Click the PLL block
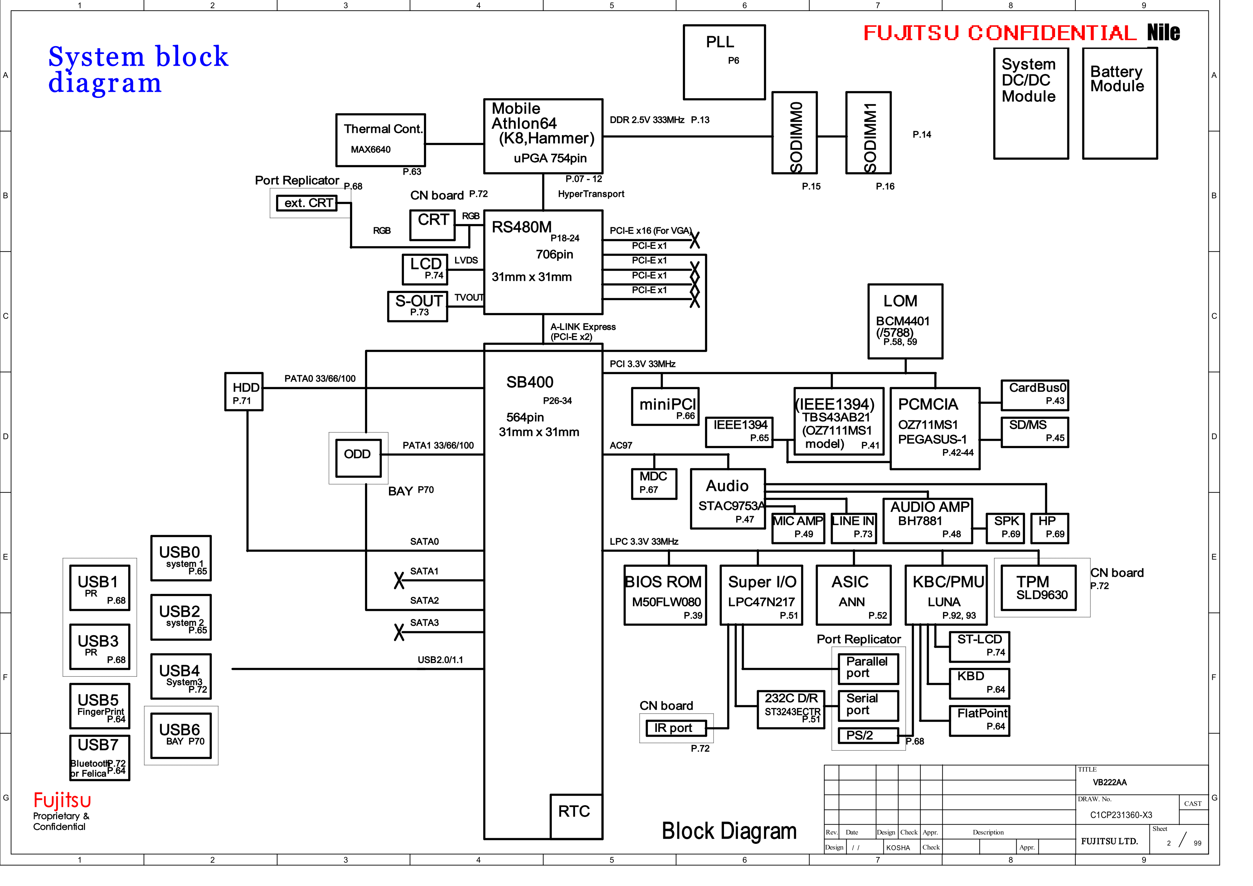coord(724,62)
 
